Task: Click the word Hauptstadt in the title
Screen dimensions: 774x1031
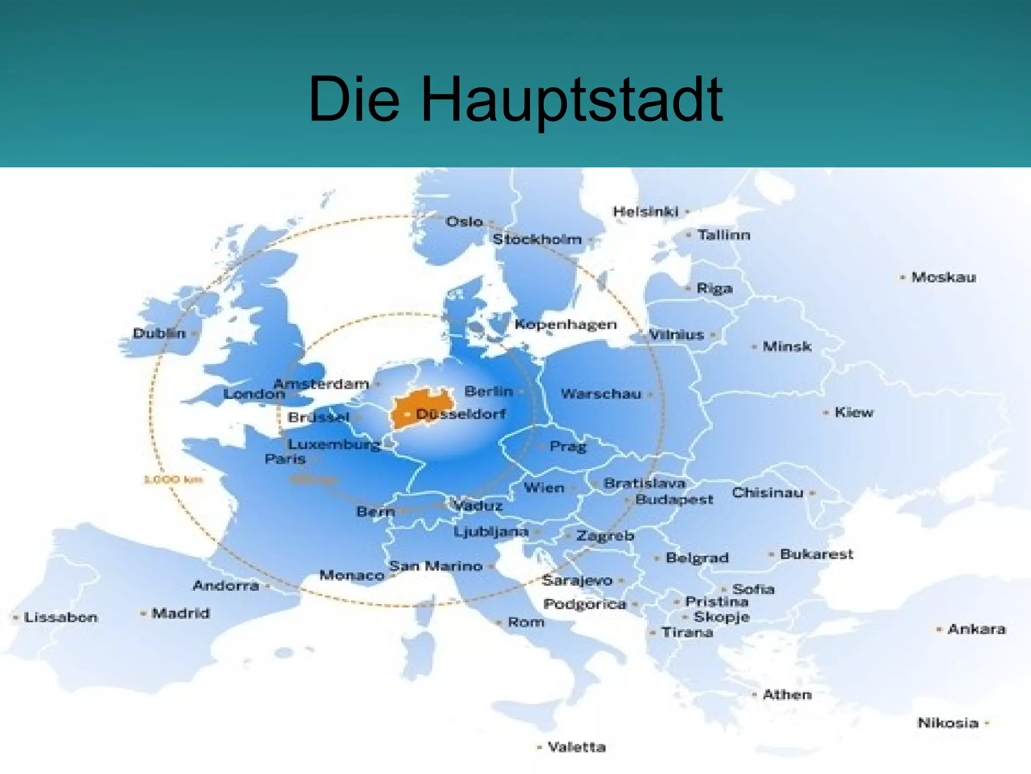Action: pos(571,99)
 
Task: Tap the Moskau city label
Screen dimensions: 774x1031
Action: pos(943,277)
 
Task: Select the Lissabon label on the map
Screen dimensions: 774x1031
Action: pos(60,617)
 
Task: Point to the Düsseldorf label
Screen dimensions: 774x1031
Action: pos(461,414)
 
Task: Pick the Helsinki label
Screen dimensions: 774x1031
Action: pos(645,212)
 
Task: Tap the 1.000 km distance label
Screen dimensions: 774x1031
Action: pos(174,479)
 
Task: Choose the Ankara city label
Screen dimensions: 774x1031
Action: pos(977,629)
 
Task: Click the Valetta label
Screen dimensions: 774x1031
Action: pos(576,747)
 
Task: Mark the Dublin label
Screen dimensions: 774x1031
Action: pos(159,333)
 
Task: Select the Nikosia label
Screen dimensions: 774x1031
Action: pos(948,723)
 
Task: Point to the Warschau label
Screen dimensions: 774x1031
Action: pos(601,394)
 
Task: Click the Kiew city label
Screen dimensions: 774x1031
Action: pos(854,412)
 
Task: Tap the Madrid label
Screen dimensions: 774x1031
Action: pos(181,613)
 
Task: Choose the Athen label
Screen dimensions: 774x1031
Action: pos(787,695)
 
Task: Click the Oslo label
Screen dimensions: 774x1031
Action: pos(464,222)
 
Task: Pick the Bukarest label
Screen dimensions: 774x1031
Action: pos(817,554)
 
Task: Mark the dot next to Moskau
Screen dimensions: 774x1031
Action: pos(903,277)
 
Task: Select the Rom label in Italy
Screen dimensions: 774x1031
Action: pos(526,622)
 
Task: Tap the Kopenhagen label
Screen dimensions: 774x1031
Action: pos(565,324)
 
